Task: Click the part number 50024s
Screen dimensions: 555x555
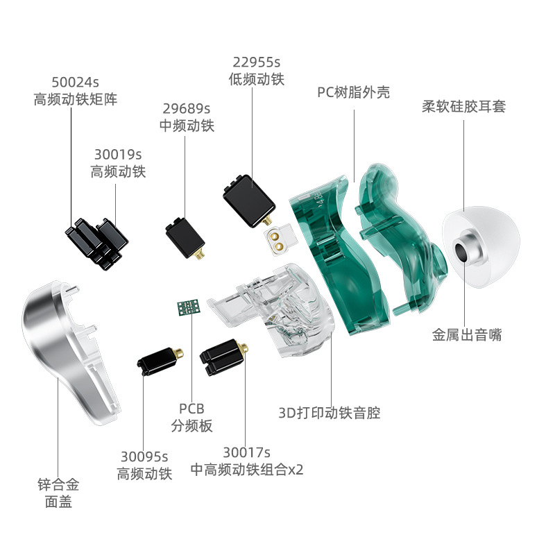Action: pyautogui.click(x=75, y=82)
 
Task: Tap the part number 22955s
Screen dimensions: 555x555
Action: pyautogui.click(x=256, y=62)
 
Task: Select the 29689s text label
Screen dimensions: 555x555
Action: pyautogui.click(x=187, y=109)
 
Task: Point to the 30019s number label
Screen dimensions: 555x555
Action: pyautogui.click(x=118, y=155)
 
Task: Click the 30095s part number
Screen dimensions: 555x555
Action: pyautogui.click(x=144, y=456)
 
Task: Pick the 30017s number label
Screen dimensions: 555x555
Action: pyautogui.click(x=246, y=452)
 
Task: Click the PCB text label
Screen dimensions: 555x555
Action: pyautogui.click(x=192, y=409)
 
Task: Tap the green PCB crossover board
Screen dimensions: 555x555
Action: pyautogui.click(x=189, y=307)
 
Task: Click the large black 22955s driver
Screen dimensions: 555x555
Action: pyautogui.click(x=249, y=201)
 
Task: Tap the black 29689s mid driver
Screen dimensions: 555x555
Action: pyautogui.click(x=185, y=238)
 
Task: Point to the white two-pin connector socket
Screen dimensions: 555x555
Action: pyautogui.click(x=280, y=240)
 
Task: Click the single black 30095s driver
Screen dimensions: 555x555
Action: pyautogui.click(x=160, y=361)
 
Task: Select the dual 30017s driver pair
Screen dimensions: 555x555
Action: pyautogui.click(x=223, y=357)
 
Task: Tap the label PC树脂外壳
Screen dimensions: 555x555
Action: pyautogui.click(x=353, y=93)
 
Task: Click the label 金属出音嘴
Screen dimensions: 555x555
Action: pyautogui.click(x=467, y=335)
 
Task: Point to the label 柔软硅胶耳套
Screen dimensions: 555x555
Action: pyautogui.click(x=463, y=106)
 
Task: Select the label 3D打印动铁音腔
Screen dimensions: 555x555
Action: pyautogui.click(x=330, y=413)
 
